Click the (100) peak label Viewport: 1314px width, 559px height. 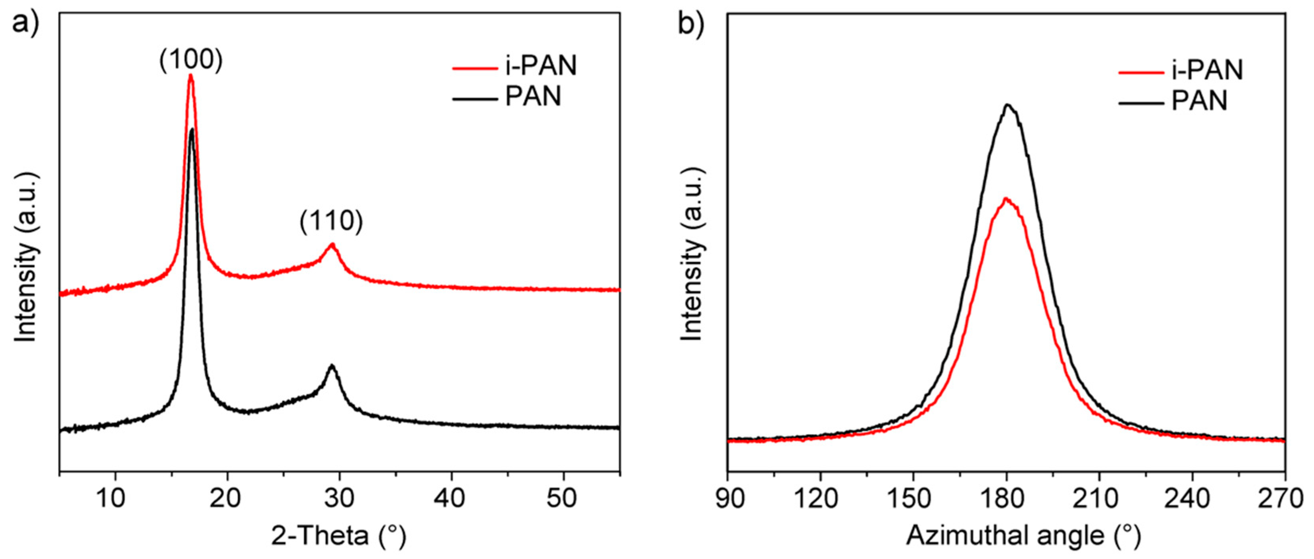191,60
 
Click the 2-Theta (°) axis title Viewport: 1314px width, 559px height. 339,536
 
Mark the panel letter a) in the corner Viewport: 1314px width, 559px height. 25,23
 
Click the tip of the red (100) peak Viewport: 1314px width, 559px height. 191,76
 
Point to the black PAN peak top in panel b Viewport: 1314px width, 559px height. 1007,105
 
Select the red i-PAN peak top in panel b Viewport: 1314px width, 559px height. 1006,198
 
